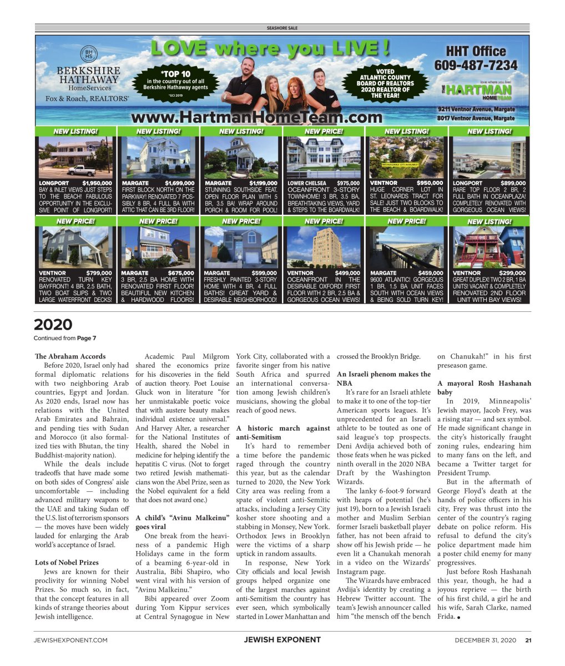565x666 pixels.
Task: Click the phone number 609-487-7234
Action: pyautogui.click(x=476, y=65)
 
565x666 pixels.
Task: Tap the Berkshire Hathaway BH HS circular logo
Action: pyautogui.click(x=88, y=54)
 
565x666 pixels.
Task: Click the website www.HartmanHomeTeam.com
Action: pyautogui.click(x=256, y=117)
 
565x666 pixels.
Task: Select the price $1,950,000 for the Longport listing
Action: pyautogui.click(x=97, y=183)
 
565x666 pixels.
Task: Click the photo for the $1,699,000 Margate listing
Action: pyautogui.click(x=158, y=157)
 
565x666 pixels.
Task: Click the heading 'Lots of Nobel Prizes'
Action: pyautogui.click(x=66, y=563)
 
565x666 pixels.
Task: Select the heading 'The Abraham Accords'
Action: pyautogui.click(x=70, y=356)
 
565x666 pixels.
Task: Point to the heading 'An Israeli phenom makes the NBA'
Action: pyautogui.click(x=384, y=379)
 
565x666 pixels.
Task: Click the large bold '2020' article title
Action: pyautogui.click(x=53, y=325)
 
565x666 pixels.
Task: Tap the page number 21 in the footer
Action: pyautogui.click(x=528, y=640)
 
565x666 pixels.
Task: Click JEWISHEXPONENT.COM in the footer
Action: pyautogui.click(x=70, y=640)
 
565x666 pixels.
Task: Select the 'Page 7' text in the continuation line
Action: pyautogui.click(x=87, y=338)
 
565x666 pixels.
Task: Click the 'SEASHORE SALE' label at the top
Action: pyautogui.click(x=282, y=28)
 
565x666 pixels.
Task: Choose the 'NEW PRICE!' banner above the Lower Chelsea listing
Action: pyautogui.click(x=324, y=132)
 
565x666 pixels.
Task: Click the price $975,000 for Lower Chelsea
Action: pyautogui.click(x=348, y=183)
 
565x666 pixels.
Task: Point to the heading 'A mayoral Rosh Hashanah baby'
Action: pyautogui.click(x=484, y=387)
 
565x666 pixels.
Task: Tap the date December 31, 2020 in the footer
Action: pyautogui.click(x=485, y=640)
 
